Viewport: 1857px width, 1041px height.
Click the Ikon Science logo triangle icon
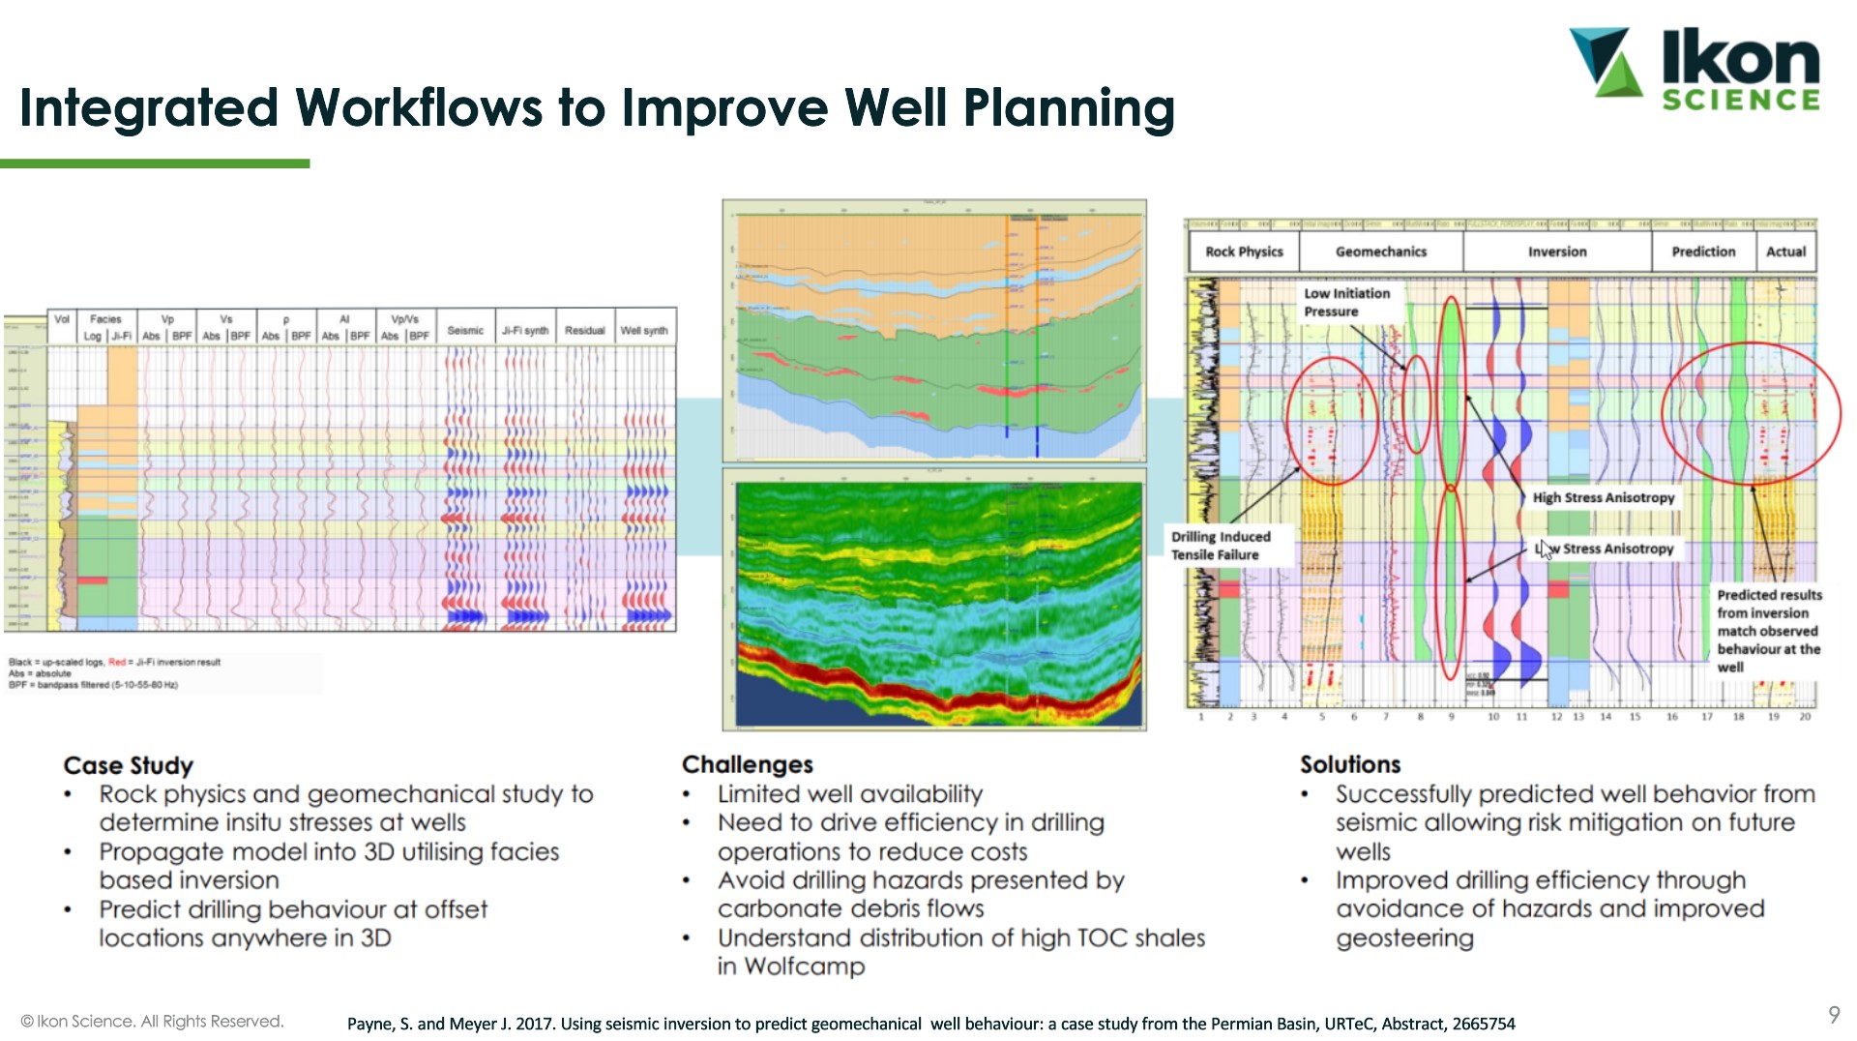click(x=1606, y=62)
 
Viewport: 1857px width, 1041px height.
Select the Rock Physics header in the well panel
click(x=1244, y=252)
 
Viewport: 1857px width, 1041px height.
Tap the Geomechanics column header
click(x=1380, y=252)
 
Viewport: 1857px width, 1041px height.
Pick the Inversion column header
click(x=1556, y=252)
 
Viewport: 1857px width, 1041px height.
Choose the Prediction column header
click(x=1703, y=252)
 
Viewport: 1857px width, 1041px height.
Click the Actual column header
click(x=1785, y=252)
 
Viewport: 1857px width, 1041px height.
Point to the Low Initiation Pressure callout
click(x=1346, y=302)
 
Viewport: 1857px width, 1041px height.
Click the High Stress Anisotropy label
click(x=1603, y=497)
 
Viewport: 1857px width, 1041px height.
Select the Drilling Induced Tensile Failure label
click(x=1220, y=546)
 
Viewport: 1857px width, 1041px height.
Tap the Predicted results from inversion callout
click(x=1768, y=630)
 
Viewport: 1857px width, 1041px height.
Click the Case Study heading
click(x=129, y=765)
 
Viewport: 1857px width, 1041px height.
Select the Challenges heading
click(x=747, y=764)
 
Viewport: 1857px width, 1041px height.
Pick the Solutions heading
click(x=1349, y=764)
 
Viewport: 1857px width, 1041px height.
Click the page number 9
click(x=1833, y=1015)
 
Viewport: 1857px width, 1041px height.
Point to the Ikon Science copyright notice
click(x=152, y=1022)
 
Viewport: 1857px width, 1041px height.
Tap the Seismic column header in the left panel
click(x=465, y=331)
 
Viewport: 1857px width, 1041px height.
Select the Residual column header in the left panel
click(x=584, y=331)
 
